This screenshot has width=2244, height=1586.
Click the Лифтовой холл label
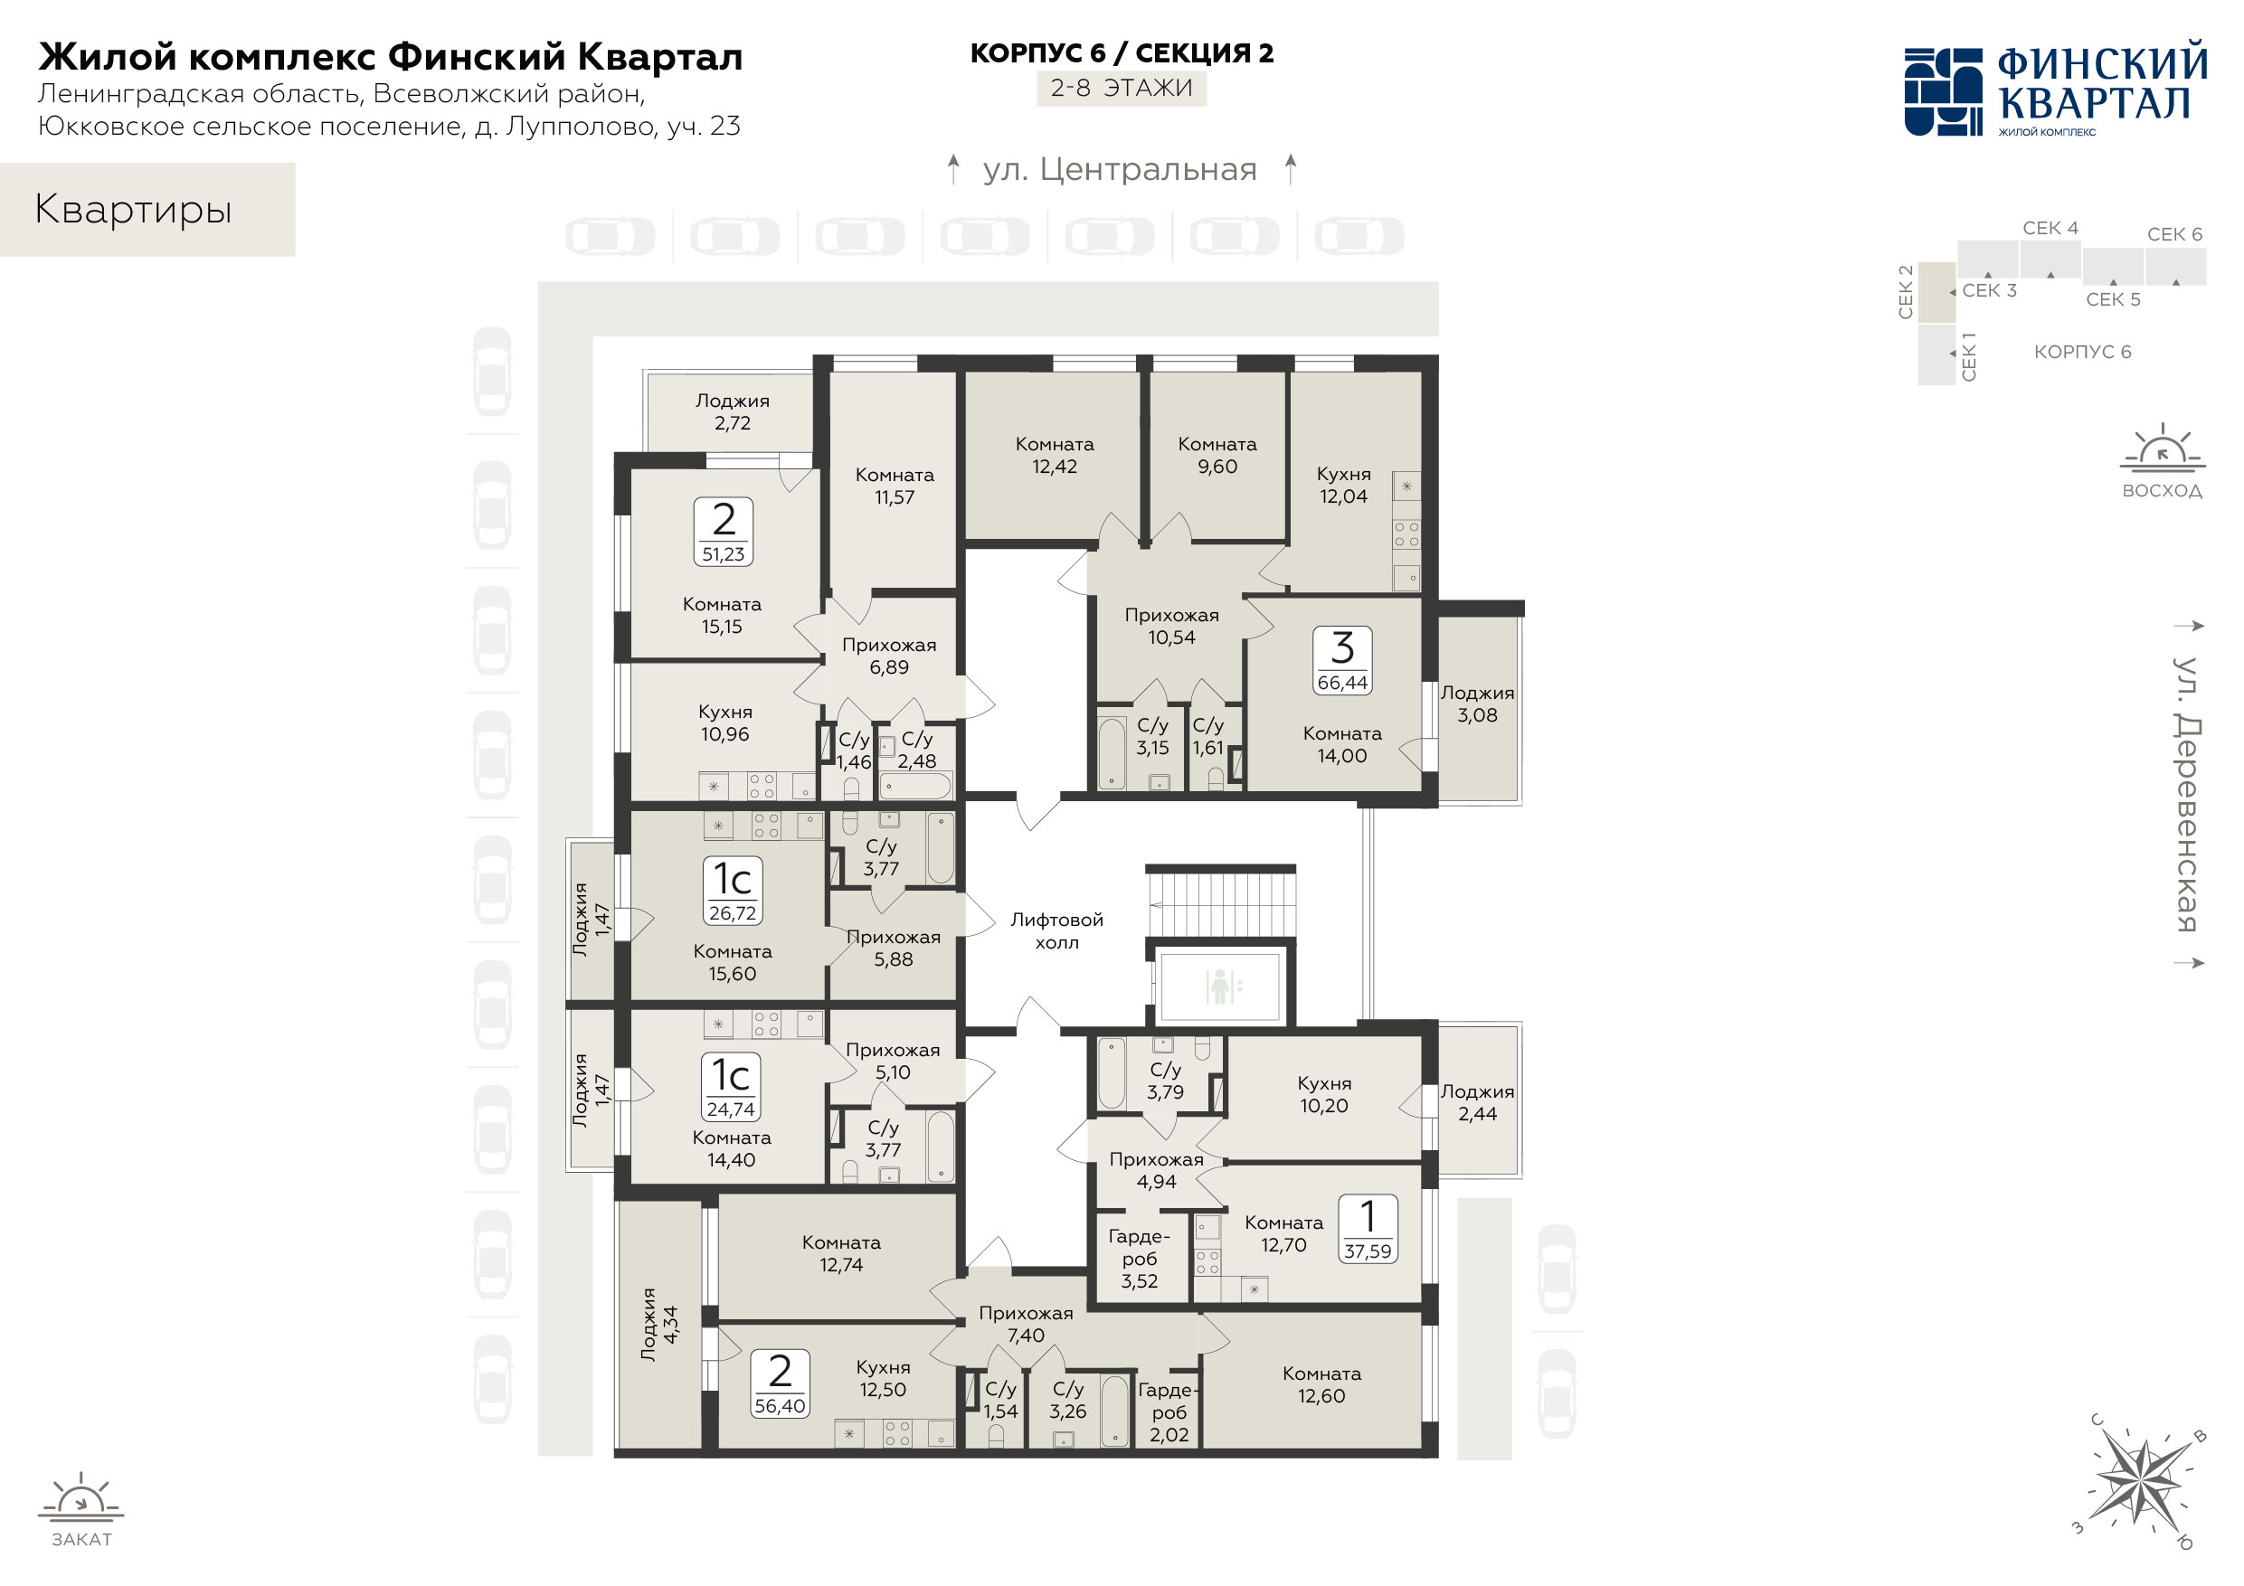[x=1056, y=930]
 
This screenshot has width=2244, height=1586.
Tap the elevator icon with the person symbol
[x=1220, y=986]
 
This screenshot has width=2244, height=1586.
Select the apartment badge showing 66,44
[x=1342, y=661]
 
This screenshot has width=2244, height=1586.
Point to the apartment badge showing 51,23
[x=724, y=532]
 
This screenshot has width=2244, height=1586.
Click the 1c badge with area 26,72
[x=732, y=891]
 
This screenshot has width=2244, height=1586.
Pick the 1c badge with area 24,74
[x=731, y=1087]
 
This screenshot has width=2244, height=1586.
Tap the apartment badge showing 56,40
[x=780, y=1383]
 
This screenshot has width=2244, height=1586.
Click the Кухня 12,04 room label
[x=1343, y=485]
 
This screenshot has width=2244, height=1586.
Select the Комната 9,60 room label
[x=1217, y=456]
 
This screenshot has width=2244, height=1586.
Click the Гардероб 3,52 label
[x=1140, y=1259]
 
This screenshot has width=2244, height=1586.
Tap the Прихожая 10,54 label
[x=1172, y=626]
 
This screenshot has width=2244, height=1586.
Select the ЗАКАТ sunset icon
[x=81, y=1510]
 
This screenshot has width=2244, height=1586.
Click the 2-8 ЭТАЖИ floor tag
[x=1121, y=88]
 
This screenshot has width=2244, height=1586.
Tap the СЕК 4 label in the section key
[x=2050, y=228]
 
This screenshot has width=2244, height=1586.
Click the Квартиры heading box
[x=147, y=210]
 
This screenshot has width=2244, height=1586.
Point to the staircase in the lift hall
[x=1221, y=903]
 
